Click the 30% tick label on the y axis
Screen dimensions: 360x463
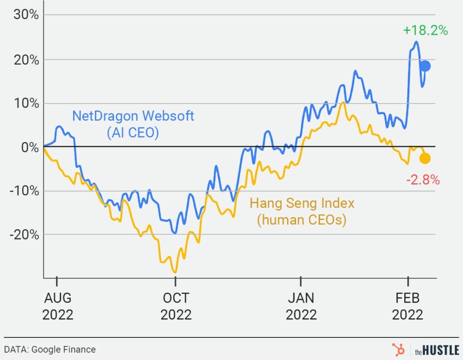(x=25, y=15)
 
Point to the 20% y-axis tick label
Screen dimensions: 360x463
(x=25, y=59)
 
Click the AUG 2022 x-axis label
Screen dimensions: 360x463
(x=57, y=306)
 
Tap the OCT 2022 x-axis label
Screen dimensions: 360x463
(x=175, y=306)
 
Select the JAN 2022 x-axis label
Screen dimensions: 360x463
(x=301, y=306)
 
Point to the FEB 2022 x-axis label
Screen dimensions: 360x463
(x=408, y=306)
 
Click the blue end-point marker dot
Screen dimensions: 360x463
(x=425, y=66)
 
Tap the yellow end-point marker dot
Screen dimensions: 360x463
(x=425, y=158)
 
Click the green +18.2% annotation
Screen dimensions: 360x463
(x=425, y=31)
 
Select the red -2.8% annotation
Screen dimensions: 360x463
(x=422, y=180)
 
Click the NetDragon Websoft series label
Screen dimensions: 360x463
(x=133, y=116)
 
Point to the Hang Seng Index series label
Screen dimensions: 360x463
(x=302, y=203)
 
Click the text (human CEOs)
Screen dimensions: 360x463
(x=302, y=220)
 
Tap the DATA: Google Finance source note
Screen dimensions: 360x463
(x=50, y=349)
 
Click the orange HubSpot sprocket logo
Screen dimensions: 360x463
(x=398, y=349)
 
